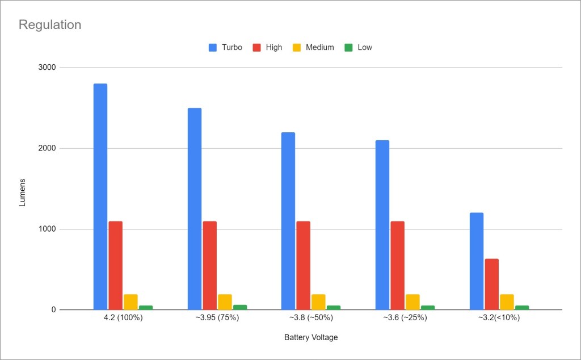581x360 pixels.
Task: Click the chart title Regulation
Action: coord(50,25)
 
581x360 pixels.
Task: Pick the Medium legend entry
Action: coord(313,48)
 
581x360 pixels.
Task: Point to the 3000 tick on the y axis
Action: coord(48,68)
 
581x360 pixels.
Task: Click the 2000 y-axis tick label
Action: coord(48,149)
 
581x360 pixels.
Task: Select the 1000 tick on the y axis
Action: coord(48,229)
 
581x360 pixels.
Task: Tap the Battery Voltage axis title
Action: coord(311,337)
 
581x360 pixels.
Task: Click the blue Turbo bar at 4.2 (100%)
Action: coord(100,196)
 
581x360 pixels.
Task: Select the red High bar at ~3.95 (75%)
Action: coord(210,265)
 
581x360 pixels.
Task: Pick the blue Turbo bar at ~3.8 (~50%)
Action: coord(288,221)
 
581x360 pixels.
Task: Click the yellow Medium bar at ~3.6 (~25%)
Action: coord(412,302)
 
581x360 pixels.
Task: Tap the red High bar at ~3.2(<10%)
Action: coord(491,284)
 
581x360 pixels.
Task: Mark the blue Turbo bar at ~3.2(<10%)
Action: coord(477,261)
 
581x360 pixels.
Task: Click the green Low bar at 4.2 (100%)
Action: coord(146,307)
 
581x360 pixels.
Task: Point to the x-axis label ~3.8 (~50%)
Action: coord(311,318)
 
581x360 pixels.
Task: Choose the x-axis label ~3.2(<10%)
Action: coord(499,318)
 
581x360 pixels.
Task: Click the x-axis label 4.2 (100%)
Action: coord(123,318)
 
